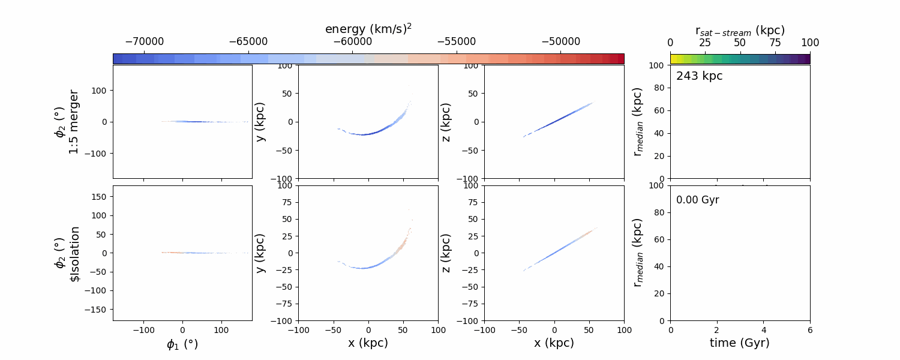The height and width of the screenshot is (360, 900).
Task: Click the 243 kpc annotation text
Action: click(699, 76)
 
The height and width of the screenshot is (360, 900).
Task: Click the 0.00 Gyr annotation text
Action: click(697, 200)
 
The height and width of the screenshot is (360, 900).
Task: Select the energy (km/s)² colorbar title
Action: click(368, 29)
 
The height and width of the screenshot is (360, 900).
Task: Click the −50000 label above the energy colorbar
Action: click(560, 42)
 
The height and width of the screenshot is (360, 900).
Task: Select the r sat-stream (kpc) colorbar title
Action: click(740, 30)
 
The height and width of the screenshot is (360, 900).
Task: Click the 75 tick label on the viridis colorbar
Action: click(775, 43)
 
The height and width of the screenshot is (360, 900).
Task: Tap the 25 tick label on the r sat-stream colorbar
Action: click(705, 43)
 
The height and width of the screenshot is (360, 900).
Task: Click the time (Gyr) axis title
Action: click(740, 343)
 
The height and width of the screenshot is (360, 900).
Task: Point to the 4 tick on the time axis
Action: click(764, 329)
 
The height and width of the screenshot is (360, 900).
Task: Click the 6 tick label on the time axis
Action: click(810, 329)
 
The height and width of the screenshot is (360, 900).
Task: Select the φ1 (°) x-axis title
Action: click(182, 344)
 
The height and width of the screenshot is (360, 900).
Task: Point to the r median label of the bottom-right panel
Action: click(638, 253)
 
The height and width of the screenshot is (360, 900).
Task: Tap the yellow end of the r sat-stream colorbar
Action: click(673, 59)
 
